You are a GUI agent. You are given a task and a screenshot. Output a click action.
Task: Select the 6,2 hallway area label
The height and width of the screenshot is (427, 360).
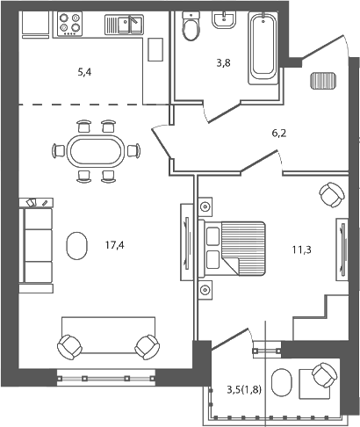coord(279,134)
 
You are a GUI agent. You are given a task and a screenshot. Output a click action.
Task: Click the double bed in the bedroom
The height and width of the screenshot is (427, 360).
coord(234,246)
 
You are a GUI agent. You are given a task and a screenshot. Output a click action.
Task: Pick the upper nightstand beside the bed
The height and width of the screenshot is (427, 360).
coord(205,207)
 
